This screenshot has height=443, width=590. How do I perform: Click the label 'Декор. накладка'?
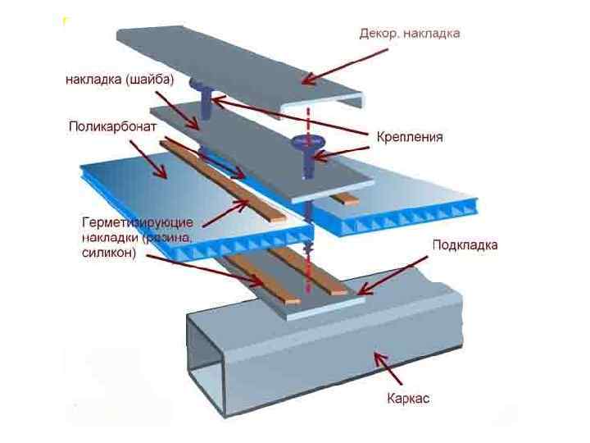[410, 34]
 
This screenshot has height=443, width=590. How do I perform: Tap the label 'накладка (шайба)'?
[120, 80]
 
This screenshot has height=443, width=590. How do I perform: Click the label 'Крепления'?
[410, 137]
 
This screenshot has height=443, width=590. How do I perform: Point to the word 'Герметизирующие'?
[138, 222]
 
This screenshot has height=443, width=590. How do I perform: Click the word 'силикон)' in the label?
[109, 253]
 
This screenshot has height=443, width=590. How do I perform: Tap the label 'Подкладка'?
[465, 244]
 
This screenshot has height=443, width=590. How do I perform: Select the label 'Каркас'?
[408, 400]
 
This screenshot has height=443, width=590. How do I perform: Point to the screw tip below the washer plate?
[309, 244]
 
